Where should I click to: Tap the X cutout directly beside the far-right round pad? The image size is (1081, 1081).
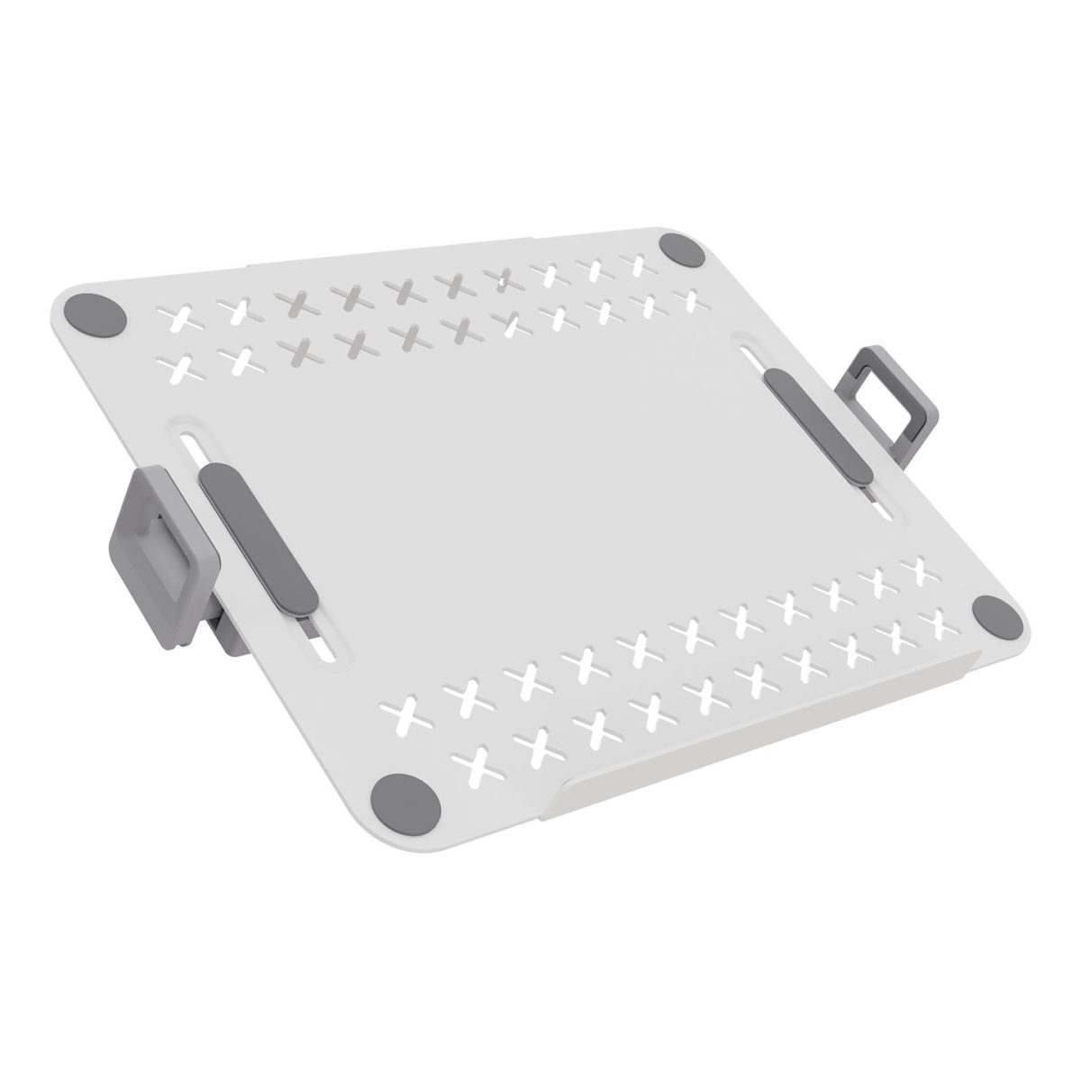[940, 616]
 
